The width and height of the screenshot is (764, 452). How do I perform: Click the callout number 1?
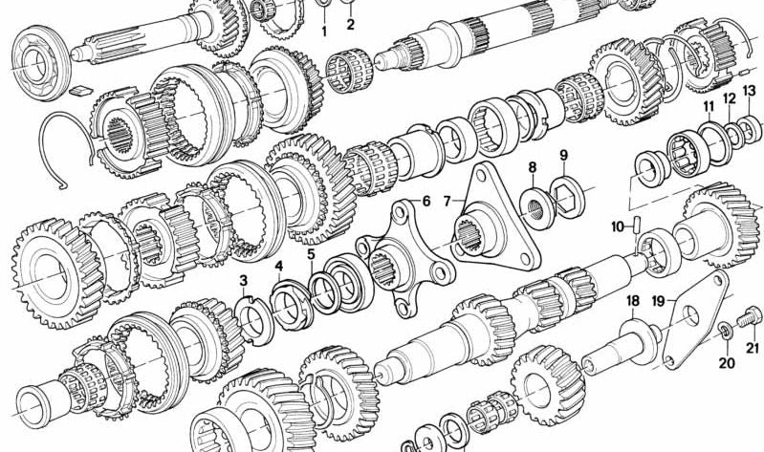324,32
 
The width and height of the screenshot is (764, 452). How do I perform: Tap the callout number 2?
350,24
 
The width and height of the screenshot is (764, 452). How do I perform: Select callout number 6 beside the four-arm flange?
426,201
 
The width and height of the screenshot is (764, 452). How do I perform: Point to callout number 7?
447,201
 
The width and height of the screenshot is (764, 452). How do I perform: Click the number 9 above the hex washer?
564,156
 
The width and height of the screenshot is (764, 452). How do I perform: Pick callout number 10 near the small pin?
618,226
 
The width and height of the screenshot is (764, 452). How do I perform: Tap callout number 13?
750,91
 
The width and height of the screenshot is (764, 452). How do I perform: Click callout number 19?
658,301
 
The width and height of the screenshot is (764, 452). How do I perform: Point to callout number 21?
753,348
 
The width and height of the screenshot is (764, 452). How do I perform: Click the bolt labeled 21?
748,317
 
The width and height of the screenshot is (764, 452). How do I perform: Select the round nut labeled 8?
537,208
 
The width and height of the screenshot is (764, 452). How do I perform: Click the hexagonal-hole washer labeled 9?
568,196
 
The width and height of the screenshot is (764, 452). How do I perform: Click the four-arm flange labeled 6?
405,258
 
